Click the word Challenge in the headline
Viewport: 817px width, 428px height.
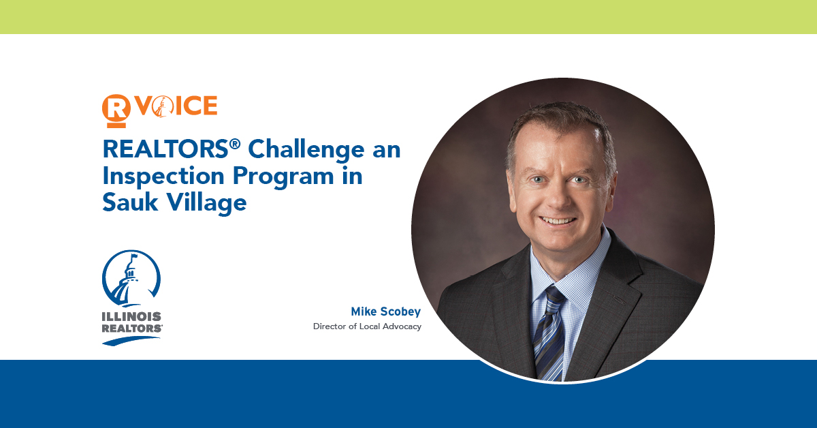(306, 150)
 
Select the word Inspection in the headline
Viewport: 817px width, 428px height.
(163, 177)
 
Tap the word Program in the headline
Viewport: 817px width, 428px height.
(283, 177)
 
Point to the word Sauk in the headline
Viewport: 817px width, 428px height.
(130, 202)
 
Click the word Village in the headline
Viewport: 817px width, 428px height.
(207, 203)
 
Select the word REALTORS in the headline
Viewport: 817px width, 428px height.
(165, 149)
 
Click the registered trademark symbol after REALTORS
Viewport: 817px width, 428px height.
(235, 144)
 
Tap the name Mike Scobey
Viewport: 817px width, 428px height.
(385, 311)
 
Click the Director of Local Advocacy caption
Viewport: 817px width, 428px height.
(367, 326)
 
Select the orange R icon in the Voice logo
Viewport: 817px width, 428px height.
(116, 111)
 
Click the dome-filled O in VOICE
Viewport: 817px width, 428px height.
(161, 106)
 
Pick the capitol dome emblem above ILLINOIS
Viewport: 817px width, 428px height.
(131, 278)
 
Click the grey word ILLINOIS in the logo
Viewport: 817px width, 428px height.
(131, 317)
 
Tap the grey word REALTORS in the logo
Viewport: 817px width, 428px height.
(131, 328)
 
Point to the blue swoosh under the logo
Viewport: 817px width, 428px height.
(131, 341)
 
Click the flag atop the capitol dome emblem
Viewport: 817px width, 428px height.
(134, 256)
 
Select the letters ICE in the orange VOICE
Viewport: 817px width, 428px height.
(196, 106)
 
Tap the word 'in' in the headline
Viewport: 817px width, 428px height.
(353, 176)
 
